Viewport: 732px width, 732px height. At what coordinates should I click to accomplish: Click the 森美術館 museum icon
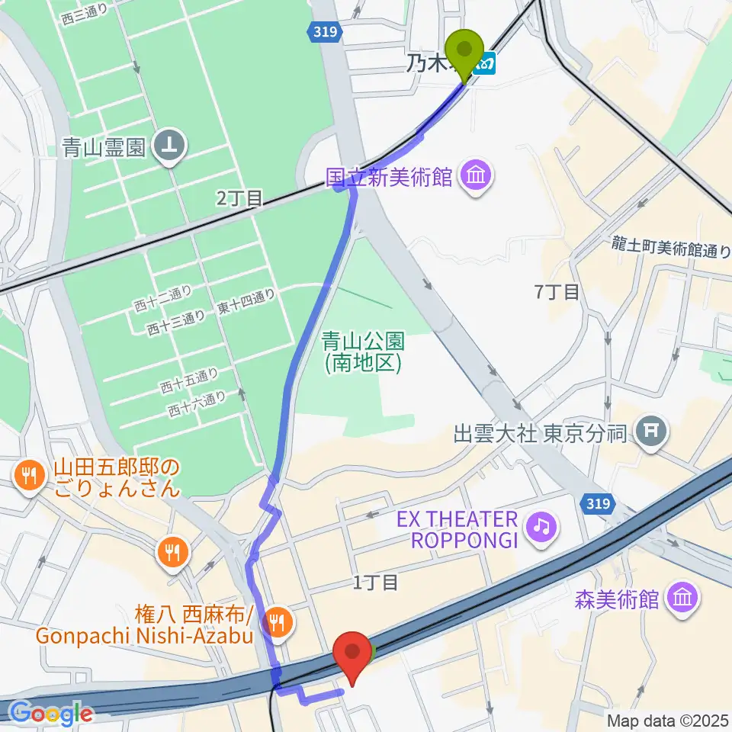click(x=682, y=599)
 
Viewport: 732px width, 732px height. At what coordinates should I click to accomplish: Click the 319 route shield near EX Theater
click(x=599, y=502)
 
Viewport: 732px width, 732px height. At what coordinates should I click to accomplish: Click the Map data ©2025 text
click(x=667, y=720)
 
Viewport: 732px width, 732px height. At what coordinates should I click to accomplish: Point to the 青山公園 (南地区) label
click(x=362, y=352)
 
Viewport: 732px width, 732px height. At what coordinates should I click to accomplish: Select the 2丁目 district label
click(x=239, y=199)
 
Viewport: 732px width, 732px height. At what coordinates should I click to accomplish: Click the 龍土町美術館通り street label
click(x=671, y=248)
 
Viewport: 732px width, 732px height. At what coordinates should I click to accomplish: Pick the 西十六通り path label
click(x=197, y=403)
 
